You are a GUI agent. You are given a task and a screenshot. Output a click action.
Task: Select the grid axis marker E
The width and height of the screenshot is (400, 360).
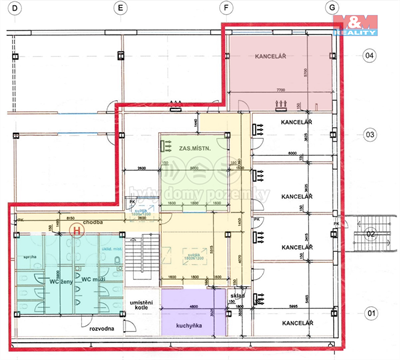point(119,9)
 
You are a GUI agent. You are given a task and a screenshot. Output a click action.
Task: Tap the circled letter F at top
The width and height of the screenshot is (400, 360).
point(227,9)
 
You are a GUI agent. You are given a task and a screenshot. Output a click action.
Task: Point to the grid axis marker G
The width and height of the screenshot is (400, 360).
point(331,8)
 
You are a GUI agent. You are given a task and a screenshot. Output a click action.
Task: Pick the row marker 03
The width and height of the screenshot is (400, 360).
point(369,133)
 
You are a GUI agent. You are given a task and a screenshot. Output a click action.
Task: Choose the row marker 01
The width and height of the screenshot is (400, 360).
point(369,313)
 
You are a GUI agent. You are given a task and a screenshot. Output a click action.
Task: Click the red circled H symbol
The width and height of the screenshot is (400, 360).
point(77,229)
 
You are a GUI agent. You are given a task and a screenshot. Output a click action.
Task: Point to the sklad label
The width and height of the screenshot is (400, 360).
point(237,296)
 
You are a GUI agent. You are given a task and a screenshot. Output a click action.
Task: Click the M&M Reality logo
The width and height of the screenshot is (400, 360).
point(355,25)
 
